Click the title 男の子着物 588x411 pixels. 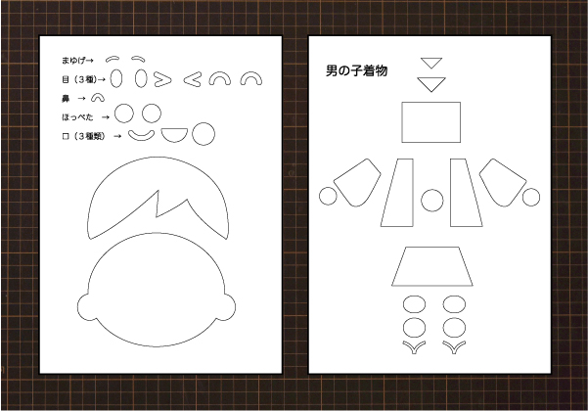[356, 70]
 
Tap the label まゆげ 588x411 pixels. [73, 60]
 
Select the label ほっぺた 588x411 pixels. [77, 117]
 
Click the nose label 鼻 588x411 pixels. [66, 99]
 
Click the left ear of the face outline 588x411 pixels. [83, 307]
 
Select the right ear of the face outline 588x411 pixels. [230, 307]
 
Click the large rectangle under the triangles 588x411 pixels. [430, 122]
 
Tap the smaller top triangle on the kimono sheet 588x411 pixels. [431, 63]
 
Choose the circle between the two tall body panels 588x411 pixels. [432, 200]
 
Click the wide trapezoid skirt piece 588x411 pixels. [432, 266]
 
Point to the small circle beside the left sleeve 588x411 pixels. [328, 196]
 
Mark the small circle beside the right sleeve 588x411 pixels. [531, 198]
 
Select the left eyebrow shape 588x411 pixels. [113, 59]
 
